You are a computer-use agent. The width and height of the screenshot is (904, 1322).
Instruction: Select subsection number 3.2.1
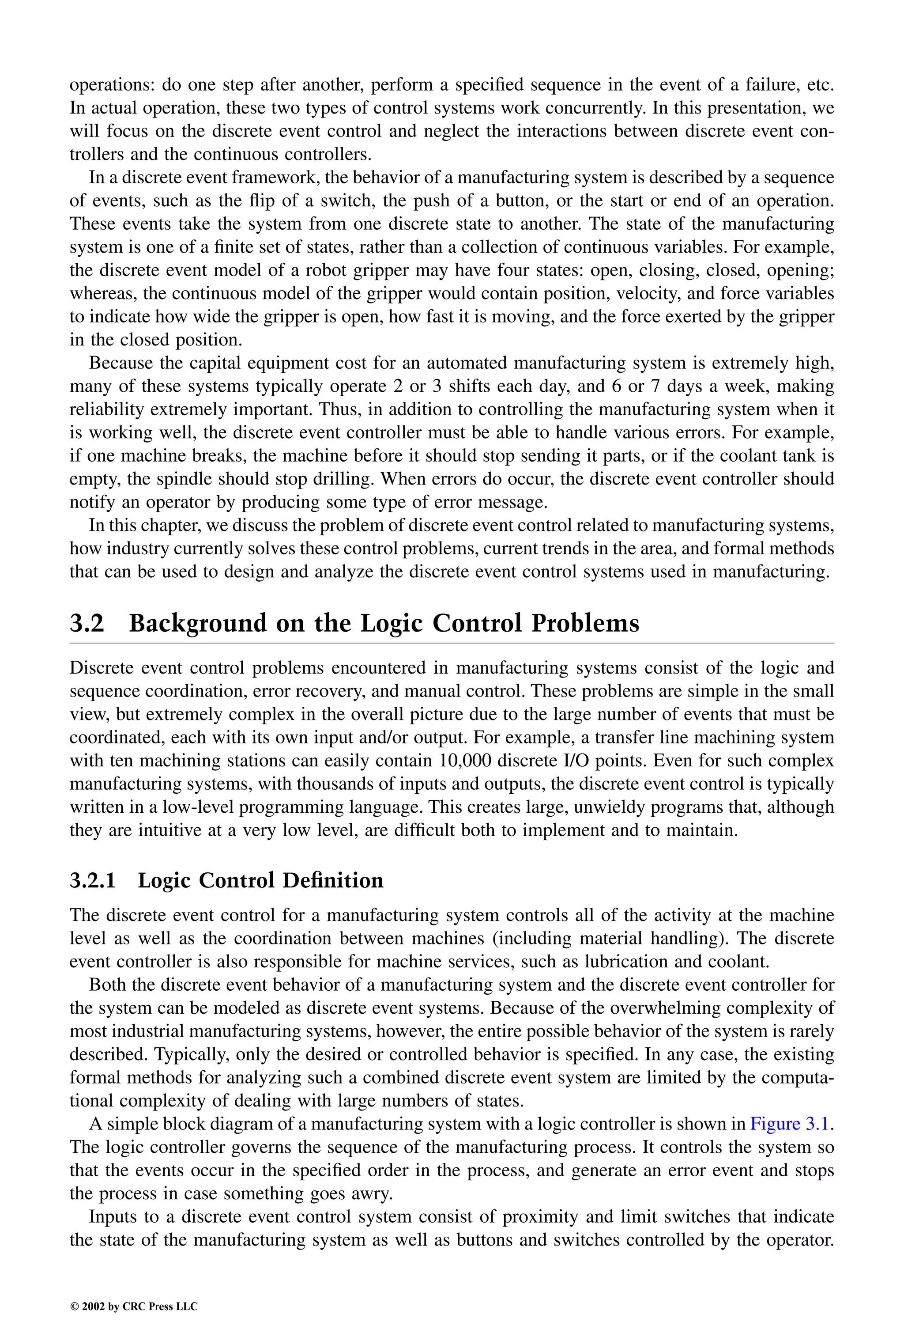tap(93, 880)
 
